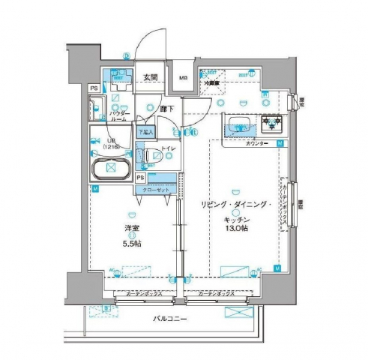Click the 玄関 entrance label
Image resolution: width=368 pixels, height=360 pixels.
pos(149,76)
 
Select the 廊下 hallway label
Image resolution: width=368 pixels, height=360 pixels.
pos(167,109)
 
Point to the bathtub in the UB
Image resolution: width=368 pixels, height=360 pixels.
pos(110,168)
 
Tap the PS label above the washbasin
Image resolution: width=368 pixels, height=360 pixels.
pos(94,88)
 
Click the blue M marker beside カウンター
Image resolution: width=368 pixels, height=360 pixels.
pos(279,142)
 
